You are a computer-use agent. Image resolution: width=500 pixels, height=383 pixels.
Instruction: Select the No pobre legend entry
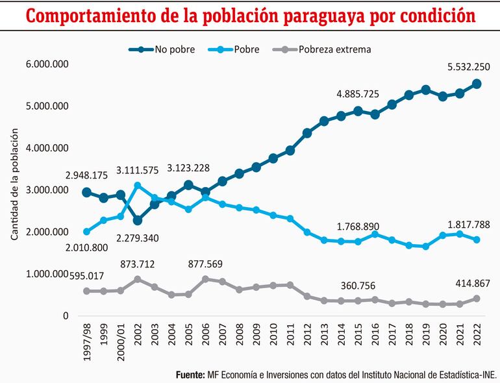(170, 49)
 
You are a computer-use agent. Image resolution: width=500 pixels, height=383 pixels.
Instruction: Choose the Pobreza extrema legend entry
(334, 49)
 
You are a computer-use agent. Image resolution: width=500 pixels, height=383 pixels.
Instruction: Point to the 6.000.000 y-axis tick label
(45, 64)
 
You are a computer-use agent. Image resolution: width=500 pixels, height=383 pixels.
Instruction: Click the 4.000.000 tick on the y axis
(45, 148)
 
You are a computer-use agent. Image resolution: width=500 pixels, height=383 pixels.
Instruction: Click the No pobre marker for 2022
(477, 83)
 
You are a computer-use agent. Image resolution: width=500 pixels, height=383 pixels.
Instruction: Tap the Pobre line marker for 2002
(138, 186)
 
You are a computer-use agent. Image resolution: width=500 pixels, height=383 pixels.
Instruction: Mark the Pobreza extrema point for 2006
(205, 279)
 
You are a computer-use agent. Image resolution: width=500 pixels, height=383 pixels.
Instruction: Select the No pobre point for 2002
(138, 221)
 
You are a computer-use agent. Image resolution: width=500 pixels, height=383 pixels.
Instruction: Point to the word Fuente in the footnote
(190, 375)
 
